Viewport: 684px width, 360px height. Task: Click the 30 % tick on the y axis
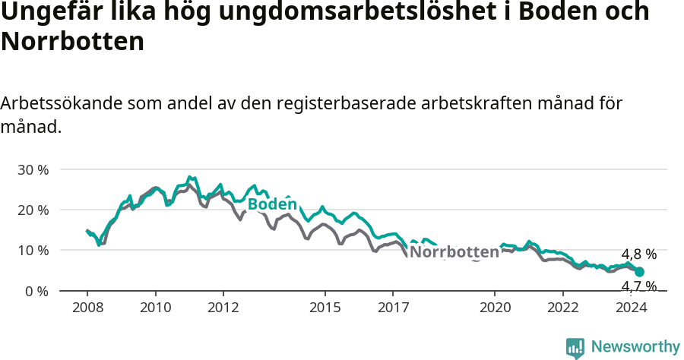[x=32, y=169]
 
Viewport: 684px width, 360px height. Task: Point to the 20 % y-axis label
[x=32, y=210]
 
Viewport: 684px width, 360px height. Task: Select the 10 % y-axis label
[x=32, y=251]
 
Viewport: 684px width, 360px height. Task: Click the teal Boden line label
[x=272, y=204]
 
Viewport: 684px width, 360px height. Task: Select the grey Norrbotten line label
[x=454, y=252]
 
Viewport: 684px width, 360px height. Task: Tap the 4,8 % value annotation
[x=638, y=254]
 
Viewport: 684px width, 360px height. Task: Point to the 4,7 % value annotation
[x=638, y=286]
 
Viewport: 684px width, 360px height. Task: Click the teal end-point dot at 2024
[x=640, y=272]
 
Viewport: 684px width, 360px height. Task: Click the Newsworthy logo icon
[x=575, y=348]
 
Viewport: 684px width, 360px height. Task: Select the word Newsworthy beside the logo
[x=635, y=347]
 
